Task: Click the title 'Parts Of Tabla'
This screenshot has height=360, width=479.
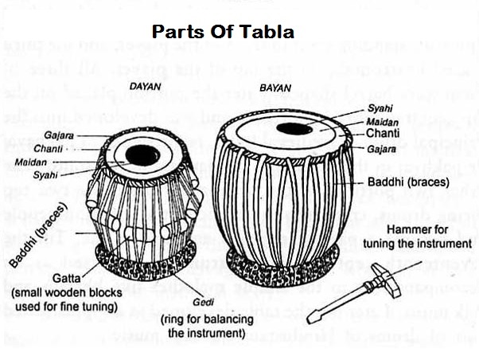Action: click(223, 32)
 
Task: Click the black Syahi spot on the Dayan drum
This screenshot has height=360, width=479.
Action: click(142, 155)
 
